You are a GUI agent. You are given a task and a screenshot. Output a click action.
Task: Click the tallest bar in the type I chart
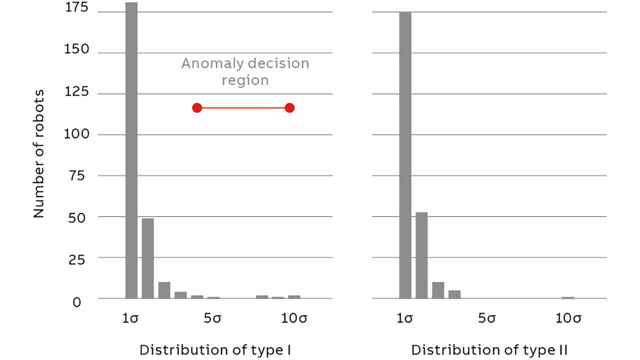[x=131, y=150]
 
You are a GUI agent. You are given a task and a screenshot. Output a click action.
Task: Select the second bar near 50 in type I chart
[x=147, y=258]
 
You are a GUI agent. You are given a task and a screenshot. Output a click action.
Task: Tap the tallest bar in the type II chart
[x=405, y=155]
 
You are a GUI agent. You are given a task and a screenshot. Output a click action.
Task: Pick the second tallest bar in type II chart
[x=421, y=255]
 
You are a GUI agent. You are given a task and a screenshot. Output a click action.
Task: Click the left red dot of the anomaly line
[x=197, y=108]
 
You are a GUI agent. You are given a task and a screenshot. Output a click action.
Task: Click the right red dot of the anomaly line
[x=289, y=108]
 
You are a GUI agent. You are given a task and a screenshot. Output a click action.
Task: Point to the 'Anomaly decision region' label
[x=245, y=71]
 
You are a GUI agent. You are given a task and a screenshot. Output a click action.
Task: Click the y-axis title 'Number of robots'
[x=39, y=154]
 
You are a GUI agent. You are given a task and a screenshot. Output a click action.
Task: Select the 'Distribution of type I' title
[x=215, y=350]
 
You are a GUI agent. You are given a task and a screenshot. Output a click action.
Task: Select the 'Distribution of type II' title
[x=489, y=350]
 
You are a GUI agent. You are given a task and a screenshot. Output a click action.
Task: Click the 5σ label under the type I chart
[x=213, y=318]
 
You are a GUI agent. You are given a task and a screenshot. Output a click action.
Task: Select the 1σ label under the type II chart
[x=405, y=318]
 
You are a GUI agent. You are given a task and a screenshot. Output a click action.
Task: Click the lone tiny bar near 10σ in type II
[x=567, y=297]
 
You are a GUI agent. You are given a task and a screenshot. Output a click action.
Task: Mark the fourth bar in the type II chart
[x=454, y=294]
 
